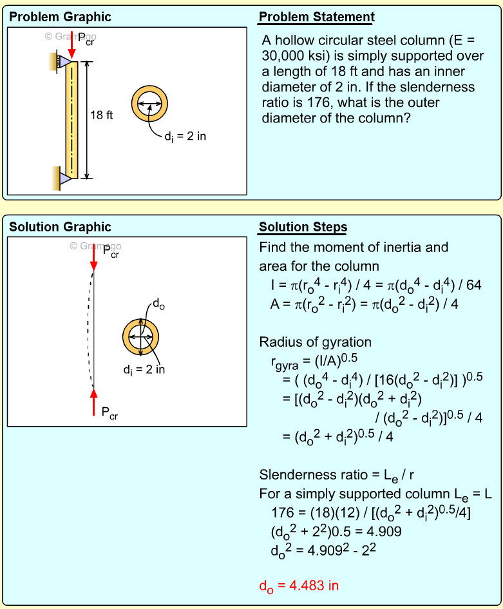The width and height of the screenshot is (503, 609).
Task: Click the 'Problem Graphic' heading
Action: pos(60,17)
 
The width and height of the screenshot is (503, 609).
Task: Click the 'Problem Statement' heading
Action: pos(316,17)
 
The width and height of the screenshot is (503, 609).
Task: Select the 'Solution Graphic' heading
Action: pos(60,227)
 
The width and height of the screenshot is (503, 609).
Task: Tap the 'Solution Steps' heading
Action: pos(303,227)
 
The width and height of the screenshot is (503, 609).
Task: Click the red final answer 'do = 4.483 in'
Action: pos(298,586)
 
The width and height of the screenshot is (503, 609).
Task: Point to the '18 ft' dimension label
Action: pos(102,115)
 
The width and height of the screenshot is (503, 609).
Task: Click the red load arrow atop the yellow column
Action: pos(71,47)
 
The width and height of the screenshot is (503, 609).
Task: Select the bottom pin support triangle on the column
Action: pos(64,176)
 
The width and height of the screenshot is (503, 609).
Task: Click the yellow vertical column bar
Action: pos(71,120)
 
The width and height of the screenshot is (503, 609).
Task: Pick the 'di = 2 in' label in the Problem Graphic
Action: pos(185,136)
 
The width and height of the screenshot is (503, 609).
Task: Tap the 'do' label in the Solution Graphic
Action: pos(158,305)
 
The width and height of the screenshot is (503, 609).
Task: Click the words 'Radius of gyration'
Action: pos(315,342)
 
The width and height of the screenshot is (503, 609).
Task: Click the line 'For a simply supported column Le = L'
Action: pos(375,495)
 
